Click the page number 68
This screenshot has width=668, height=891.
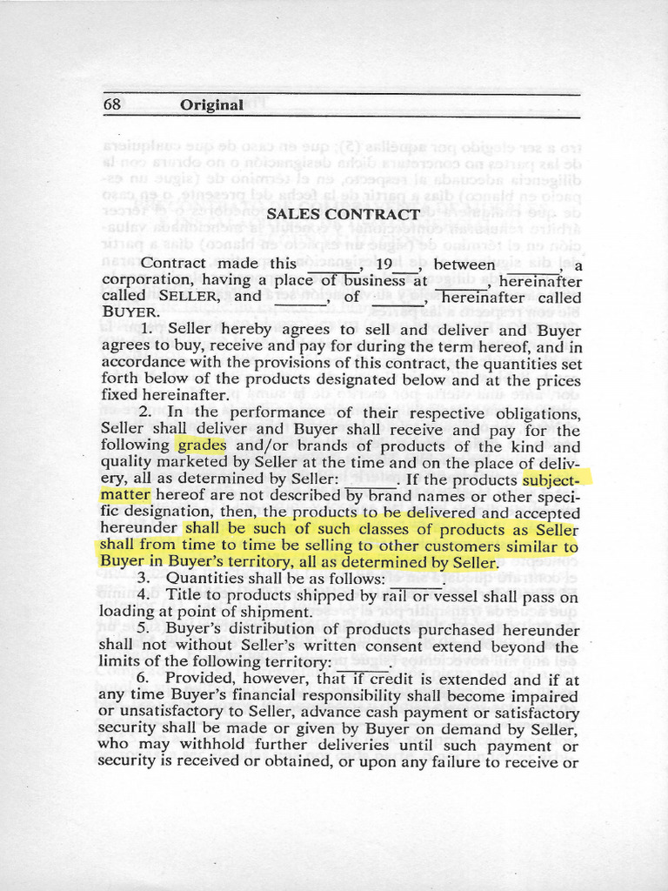(x=111, y=104)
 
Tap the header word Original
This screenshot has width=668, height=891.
(x=211, y=105)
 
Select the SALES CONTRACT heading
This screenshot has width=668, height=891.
(x=343, y=214)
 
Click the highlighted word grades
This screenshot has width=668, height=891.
(x=201, y=445)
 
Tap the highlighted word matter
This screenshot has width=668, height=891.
(x=125, y=495)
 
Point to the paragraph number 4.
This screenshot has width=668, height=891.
(x=144, y=595)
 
